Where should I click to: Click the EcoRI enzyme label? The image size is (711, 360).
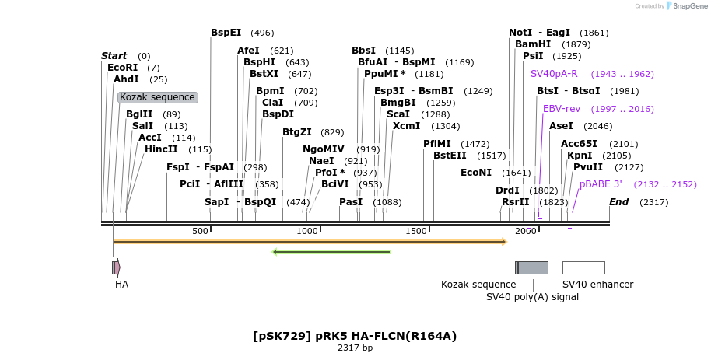coord(122,68)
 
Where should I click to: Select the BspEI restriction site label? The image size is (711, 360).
coord(226,33)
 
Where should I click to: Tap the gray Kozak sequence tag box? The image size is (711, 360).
coord(158,97)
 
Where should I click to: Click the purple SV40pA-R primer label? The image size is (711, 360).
coord(554,74)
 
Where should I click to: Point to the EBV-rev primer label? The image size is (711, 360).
coord(562,109)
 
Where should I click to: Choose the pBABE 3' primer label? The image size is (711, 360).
coord(601,184)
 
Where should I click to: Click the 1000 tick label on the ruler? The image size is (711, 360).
coord(307,231)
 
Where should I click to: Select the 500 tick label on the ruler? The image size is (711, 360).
coord(200,231)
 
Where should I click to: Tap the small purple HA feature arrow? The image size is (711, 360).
coord(116,267)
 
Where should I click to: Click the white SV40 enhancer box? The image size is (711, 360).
coord(583,267)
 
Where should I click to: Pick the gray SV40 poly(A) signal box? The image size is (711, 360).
coord(533,267)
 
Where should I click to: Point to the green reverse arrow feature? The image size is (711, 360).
coord(331,251)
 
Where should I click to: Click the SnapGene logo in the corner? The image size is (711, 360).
coord(684,6)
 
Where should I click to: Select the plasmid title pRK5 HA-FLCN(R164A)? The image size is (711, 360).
coord(355,336)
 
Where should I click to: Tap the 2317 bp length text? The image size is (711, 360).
coord(355,348)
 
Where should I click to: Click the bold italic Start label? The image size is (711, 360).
coord(114,56)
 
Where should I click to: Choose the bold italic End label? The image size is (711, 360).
coord(618,202)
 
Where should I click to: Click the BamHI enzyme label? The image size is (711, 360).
coord(532,44)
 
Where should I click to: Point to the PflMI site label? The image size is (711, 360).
coord(436,144)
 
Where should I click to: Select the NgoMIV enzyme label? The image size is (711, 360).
coord(323,149)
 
